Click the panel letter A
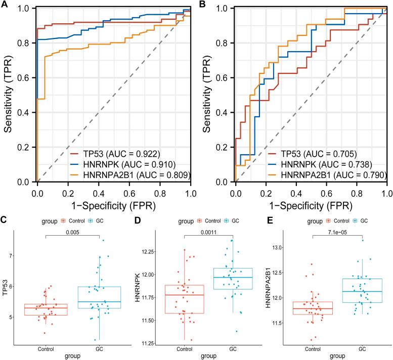(5, 5)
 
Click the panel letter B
(203, 5)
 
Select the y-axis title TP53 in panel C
(6, 287)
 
